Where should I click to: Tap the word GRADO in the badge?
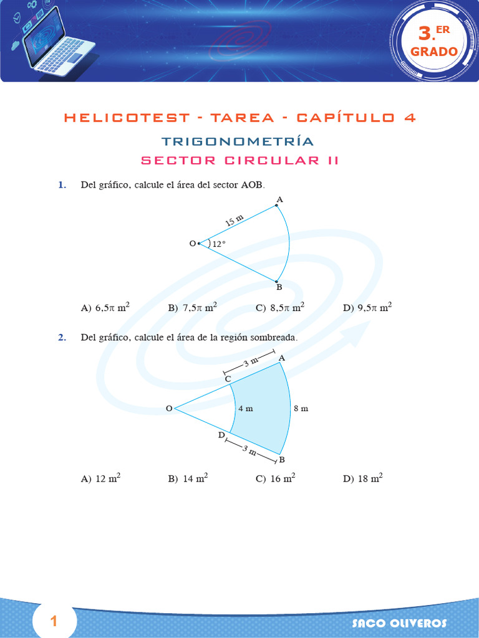(434, 52)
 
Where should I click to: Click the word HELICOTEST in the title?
(127, 118)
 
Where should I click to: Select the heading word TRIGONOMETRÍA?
(238, 141)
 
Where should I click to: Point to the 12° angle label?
(218, 245)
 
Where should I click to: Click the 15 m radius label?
(235, 220)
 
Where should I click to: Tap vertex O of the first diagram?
(198, 244)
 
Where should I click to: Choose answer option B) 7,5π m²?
(193, 307)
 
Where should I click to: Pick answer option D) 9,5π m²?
(367, 307)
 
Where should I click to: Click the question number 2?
(62, 338)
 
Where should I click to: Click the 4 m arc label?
(245, 409)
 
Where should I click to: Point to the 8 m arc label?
(301, 409)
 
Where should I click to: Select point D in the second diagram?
(221, 435)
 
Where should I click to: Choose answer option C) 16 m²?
(275, 479)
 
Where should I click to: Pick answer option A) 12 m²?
(100, 479)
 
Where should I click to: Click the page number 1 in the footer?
(54, 621)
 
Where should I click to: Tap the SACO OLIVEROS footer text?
(399, 623)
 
